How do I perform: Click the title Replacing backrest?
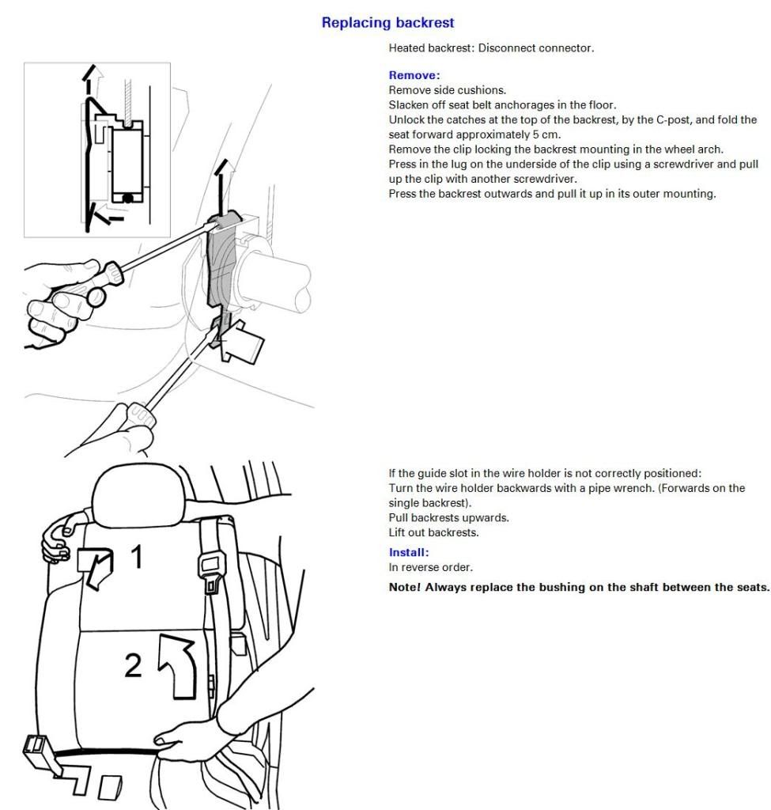coord(387,23)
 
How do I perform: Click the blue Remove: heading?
coord(414,75)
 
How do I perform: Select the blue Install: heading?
coord(409,552)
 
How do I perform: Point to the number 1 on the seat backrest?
coord(136,556)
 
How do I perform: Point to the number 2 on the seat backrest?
coord(133,665)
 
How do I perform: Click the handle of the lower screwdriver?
coord(138,416)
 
